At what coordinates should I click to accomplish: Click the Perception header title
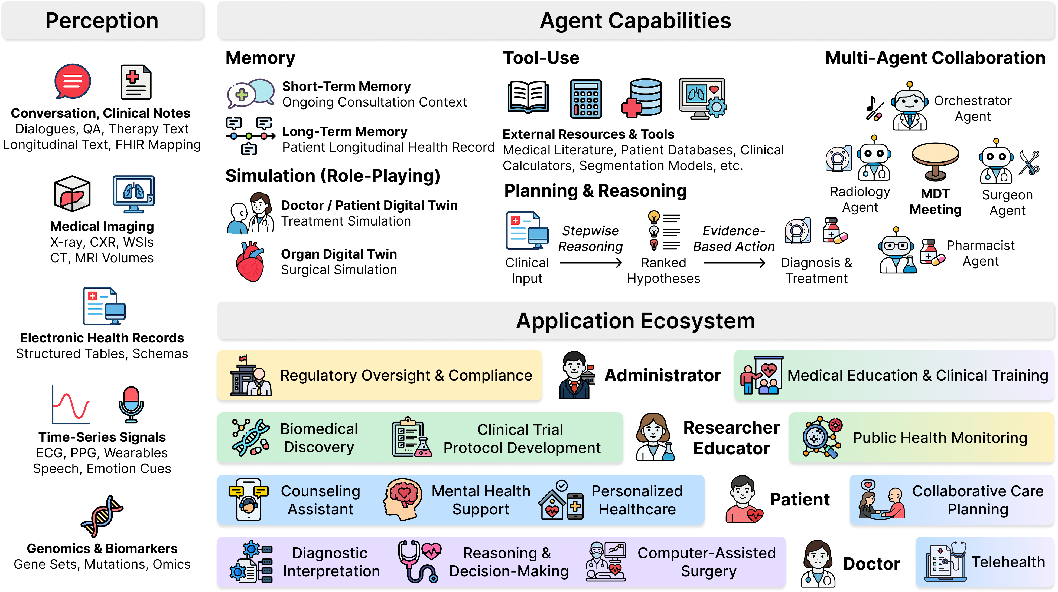pyautogui.click(x=102, y=21)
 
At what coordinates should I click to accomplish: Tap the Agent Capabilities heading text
pyautogui.click(x=635, y=21)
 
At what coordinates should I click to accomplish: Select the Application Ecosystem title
pyautogui.click(x=635, y=321)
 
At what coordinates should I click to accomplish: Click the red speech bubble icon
pyautogui.click(x=72, y=81)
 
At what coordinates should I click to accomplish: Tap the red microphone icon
pyautogui.click(x=131, y=404)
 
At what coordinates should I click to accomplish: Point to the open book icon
pyautogui.click(x=528, y=97)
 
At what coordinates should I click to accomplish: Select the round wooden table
pyautogui.click(x=935, y=160)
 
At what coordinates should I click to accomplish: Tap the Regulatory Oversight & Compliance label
pyautogui.click(x=406, y=375)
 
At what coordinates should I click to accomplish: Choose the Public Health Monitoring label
pyautogui.click(x=940, y=438)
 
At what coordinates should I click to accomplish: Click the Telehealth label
pyautogui.click(x=1008, y=562)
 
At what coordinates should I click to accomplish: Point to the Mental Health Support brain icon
pyautogui.click(x=403, y=499)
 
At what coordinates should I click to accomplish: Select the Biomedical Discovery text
pyautogui.click(x=319, y=438)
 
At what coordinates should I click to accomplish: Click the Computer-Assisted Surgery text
pyautogui.click(x=707, y=562)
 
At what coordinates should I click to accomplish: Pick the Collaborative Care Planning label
pyautogui.click(x=978, y=500)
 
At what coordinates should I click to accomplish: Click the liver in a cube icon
pyautogui.click(x=72, y=194)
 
